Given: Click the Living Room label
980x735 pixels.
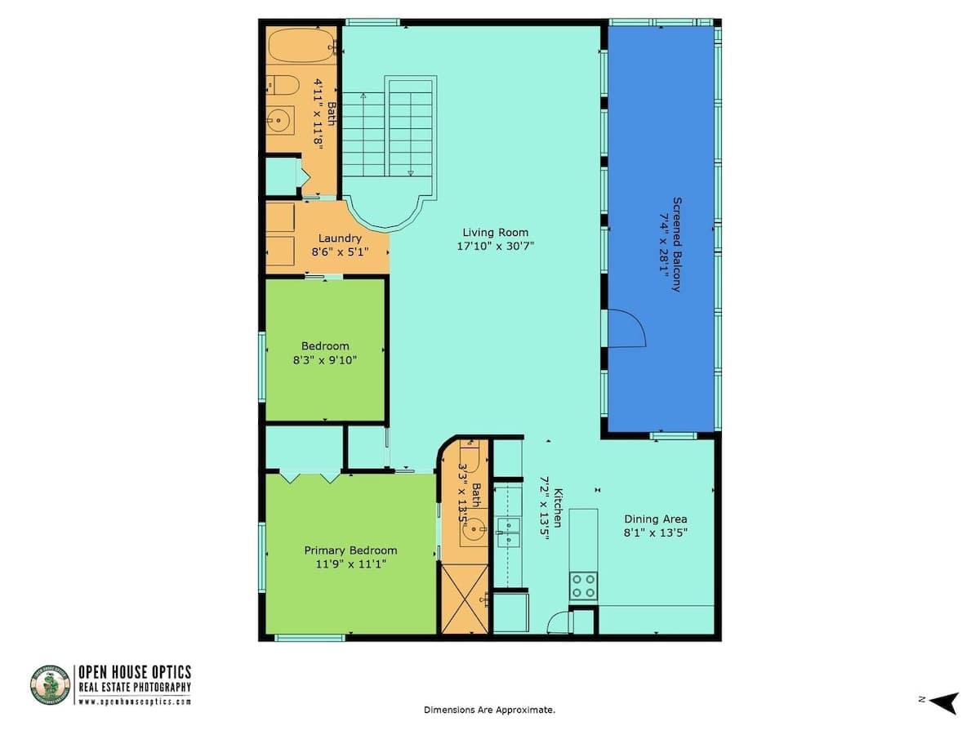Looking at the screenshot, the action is (x=495, y=233).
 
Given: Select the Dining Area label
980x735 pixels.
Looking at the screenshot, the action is (x=655, y=519).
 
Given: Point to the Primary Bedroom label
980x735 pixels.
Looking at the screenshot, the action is (x=350, y=550).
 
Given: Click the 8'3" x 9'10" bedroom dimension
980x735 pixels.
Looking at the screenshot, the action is (x=324, y=360).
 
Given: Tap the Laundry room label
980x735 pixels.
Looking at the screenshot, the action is (x=340, y=238).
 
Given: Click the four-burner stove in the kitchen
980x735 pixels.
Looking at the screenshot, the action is (x=584, y=586).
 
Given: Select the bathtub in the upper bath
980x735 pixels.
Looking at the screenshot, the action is (x=301, y=46).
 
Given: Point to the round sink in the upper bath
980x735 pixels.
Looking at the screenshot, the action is (x=278, y=121).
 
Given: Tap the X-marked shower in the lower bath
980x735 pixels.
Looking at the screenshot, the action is (x=465, y=599).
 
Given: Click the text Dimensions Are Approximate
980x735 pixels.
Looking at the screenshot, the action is (x=489, y=710).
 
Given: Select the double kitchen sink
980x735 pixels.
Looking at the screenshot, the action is (x=509, y=532).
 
